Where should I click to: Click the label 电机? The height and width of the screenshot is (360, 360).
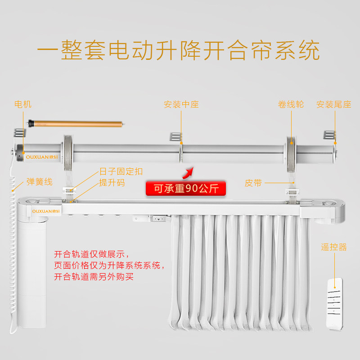click(x=23, y=104)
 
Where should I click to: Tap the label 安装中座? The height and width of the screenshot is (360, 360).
click(x=181, y=104)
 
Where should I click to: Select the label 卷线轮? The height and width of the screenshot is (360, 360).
click(x=291, y=104)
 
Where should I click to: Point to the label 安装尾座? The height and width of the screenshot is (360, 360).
click(x=333, y=104)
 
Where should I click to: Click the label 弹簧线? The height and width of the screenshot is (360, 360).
click(x=39, y=182)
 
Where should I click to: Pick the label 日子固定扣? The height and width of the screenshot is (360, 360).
click(x=121, y=171)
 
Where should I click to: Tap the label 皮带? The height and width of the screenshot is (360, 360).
click(x=253, y=183)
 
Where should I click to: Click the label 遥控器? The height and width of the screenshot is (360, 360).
click(x=334, y=247)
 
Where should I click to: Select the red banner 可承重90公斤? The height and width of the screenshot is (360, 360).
click(x=186, y=189)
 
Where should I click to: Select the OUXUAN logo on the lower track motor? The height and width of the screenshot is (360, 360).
click(x=43, y=210)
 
